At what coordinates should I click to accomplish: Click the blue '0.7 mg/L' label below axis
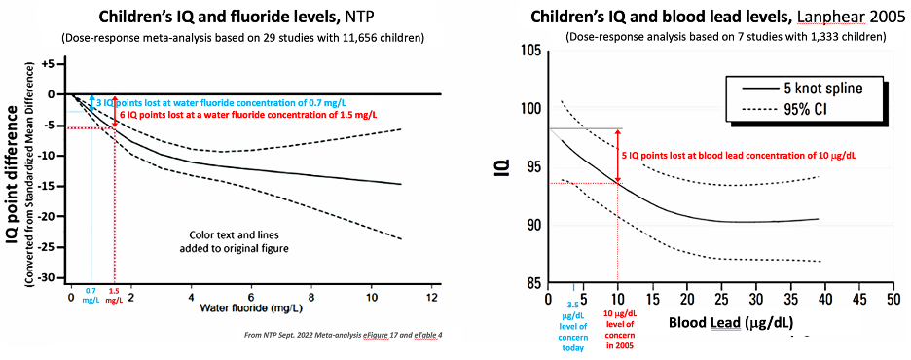(x=91, y=295)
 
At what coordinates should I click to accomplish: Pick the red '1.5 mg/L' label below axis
(x=115, y=295)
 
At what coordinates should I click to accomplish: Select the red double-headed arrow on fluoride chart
(x=115, y=111)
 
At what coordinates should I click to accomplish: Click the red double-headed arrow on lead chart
(x=618, y=156)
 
